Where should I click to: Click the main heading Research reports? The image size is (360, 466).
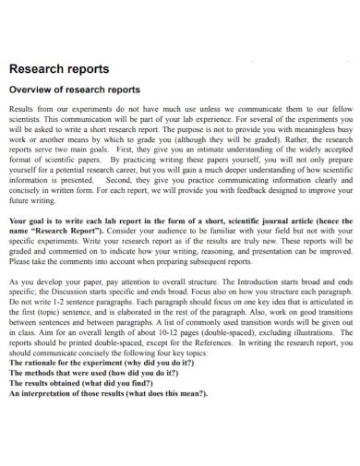coord(58,69)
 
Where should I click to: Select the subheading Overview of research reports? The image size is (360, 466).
coord(74,90)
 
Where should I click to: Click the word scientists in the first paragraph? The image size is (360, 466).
coord(27,120)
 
